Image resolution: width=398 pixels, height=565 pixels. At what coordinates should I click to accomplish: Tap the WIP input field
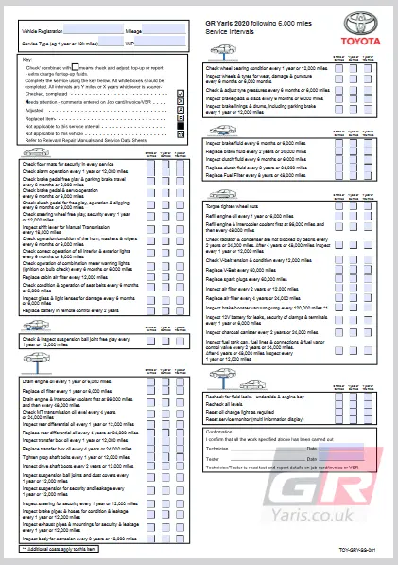point(160,43)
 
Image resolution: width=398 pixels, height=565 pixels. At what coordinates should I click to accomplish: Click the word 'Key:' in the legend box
point(27,60)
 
